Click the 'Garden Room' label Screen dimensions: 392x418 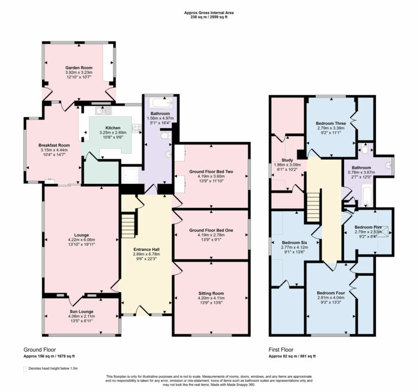click(79, 67)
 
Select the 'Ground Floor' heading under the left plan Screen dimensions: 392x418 click(39, 349)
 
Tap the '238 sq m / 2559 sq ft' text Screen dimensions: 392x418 click(209, 17)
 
